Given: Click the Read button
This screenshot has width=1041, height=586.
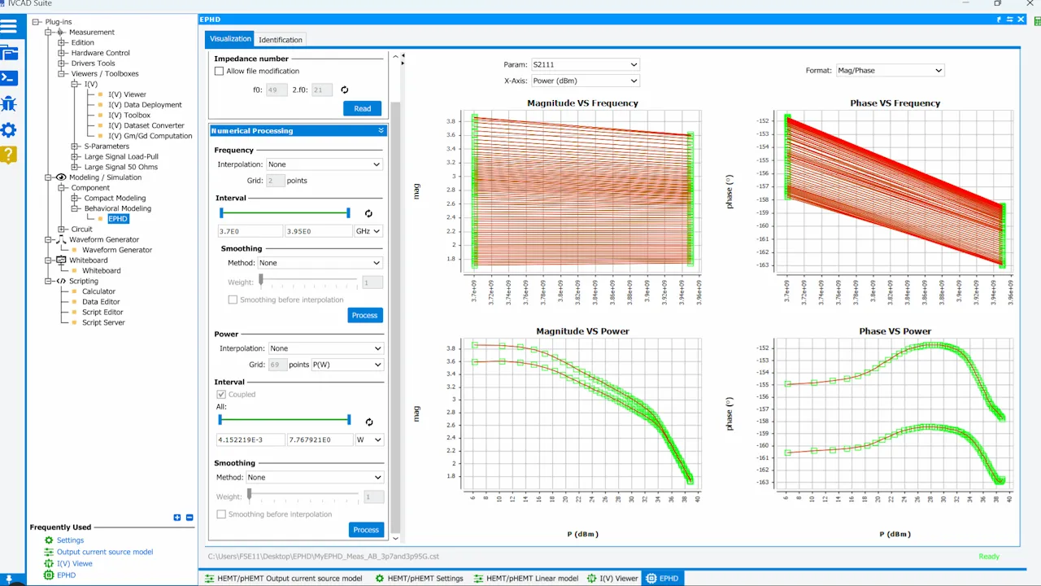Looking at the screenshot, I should point(362,108).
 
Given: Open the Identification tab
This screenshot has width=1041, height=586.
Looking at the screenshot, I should point(280,39).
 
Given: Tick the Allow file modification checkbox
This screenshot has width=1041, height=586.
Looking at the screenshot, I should point(219,71).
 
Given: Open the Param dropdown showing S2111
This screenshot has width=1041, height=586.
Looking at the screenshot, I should point(584,64).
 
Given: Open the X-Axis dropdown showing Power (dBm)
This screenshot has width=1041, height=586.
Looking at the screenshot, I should point(584,81).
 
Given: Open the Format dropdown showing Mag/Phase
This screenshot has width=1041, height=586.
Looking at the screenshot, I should point(889,70).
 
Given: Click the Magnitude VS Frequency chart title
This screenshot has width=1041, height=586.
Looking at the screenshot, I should point(582,103).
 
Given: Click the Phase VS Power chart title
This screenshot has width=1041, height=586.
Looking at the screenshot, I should point(895,331).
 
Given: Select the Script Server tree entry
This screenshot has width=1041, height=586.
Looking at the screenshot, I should point(103,322).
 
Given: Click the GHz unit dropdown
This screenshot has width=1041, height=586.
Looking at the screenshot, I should point(368,231).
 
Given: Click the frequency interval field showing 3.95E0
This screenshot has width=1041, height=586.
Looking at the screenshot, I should point(318,231).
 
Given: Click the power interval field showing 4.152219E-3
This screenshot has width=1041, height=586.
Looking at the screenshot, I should point(250,439).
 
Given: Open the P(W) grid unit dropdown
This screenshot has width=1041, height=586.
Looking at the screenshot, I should point(346,365).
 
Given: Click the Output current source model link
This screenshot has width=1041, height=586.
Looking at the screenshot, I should point(104,552).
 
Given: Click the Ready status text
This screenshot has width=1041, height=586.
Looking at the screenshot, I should point(989,557).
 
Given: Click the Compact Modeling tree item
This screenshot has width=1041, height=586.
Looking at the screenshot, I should point(115,198).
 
